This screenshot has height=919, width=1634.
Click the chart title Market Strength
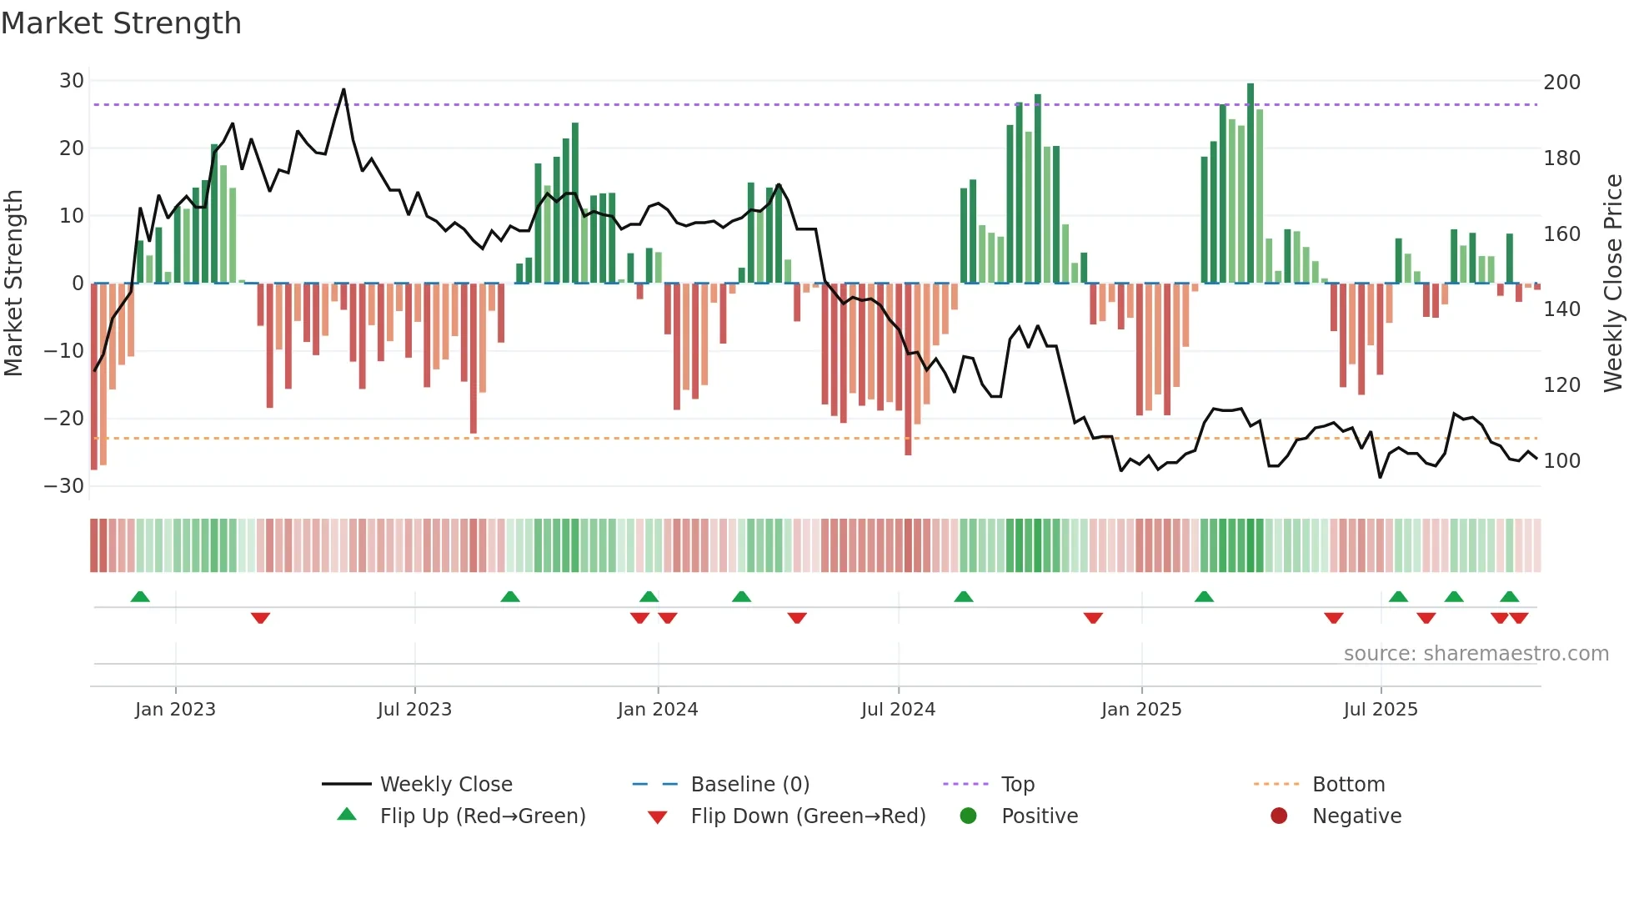121,23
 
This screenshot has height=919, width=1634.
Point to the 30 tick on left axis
72,81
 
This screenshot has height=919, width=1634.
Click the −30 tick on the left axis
64,486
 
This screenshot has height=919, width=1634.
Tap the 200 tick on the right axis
1561,83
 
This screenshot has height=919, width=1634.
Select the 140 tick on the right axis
1561,309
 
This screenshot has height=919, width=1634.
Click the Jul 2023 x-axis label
414,710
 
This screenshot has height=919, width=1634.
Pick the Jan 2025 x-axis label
1141,710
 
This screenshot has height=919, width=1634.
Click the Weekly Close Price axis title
1613,284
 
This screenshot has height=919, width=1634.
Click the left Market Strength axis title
14,284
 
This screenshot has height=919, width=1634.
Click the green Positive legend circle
968,816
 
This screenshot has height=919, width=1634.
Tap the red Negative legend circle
1279,816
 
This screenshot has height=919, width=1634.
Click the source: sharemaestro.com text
1476,654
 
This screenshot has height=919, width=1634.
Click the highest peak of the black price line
343,89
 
